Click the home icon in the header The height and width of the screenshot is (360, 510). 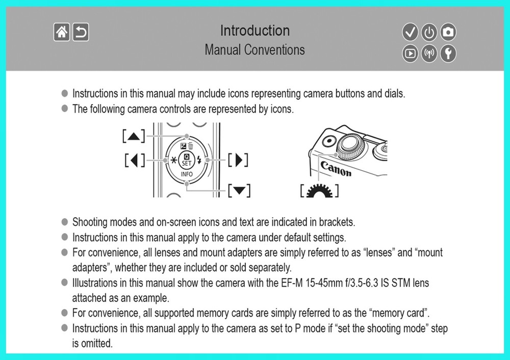62,33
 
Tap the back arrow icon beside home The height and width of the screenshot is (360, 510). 81,33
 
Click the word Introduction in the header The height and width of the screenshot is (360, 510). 254,31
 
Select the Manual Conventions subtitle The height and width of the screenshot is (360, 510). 254,50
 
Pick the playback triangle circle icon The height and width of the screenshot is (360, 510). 410,53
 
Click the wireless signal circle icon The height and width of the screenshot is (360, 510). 429,53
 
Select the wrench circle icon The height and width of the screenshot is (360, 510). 448,53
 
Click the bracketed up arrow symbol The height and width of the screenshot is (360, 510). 134,136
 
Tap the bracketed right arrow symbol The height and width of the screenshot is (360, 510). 238,160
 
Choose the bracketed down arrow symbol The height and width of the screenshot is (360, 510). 239,191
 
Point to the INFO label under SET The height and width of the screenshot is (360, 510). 187,174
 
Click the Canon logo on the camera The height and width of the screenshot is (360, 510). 336,169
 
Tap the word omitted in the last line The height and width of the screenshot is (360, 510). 96,343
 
